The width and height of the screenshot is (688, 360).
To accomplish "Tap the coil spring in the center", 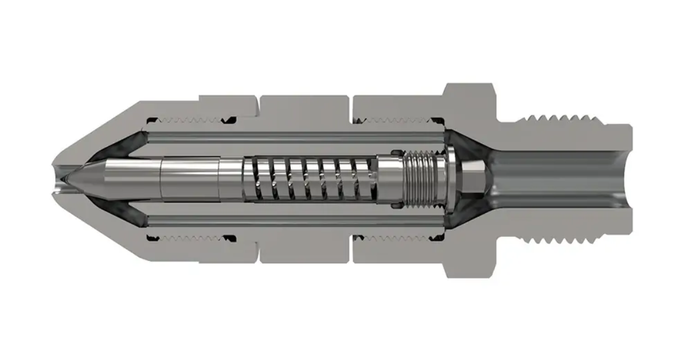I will point(310,178).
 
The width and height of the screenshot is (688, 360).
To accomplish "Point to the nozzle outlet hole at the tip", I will point(57,179).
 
